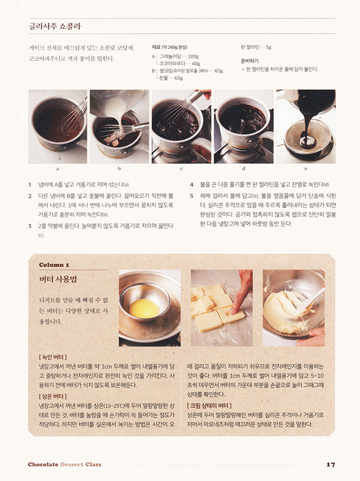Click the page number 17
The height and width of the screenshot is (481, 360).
point(331,464)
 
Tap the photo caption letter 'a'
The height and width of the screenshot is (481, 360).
point(57,168)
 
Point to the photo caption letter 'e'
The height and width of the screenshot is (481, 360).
point(305,168)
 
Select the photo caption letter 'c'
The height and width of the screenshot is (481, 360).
point(181,168)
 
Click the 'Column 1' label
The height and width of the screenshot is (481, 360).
point(54,264)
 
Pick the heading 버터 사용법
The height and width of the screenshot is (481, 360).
point(58,279)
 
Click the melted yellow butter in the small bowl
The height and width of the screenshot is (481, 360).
point(144,308)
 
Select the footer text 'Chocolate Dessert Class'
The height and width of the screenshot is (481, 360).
point(64,464)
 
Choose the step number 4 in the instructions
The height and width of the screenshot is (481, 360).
point(191,185)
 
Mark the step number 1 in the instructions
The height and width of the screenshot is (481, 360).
point(30,185)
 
